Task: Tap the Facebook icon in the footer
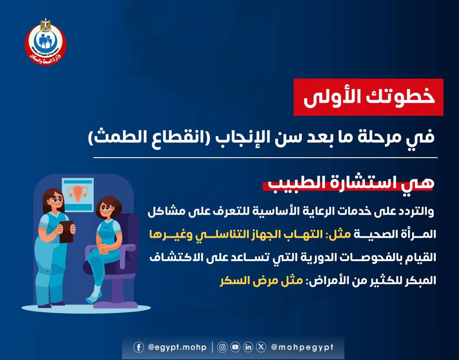(x=139, y=347)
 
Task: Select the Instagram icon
(x=222, y=347)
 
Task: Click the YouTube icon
(x=235, y=347)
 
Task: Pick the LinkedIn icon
(x=248, y=347)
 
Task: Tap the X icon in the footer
(x=261, y=347)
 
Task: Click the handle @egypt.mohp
(x=177, y=347)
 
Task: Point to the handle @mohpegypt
(x=302, y=347)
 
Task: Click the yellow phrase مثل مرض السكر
(x=261, y=281)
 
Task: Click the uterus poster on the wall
(x=78, y=195)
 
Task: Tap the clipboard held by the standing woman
(x=66, y=232)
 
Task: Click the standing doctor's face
(x=55, y=202)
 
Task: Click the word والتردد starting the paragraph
(x=418, y=211)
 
